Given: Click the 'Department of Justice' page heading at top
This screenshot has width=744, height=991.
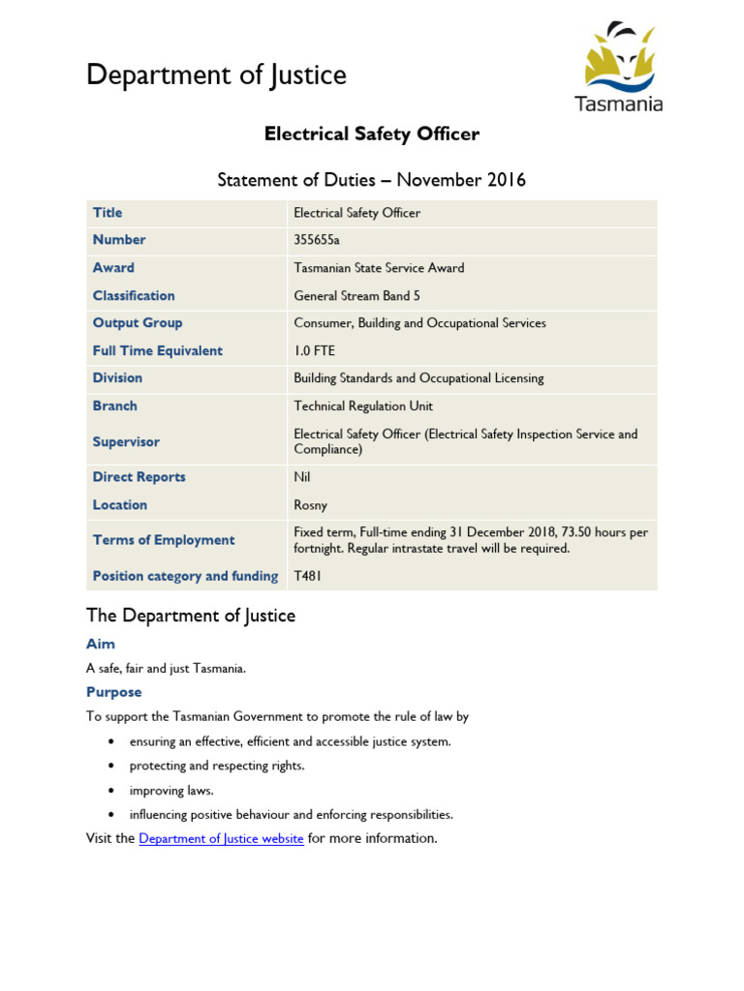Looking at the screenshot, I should click(216, 75).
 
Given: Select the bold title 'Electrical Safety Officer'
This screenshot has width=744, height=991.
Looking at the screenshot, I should click(372, 134).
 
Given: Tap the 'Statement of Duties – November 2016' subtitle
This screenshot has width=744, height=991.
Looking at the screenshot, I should click(372, 179).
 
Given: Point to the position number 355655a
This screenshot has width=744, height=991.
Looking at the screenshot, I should click(317, 240).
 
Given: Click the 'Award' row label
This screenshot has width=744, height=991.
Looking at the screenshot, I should click(113, 268).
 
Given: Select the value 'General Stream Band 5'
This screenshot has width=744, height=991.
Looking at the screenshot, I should click(356, 296).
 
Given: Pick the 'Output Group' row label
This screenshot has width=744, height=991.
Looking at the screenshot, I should click(138, 323).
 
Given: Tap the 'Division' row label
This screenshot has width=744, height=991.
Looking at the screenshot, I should click(117, 378).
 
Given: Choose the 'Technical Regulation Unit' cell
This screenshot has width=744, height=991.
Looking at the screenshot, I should click(363, 406).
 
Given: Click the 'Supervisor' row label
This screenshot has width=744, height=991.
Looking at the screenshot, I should click(126, 442).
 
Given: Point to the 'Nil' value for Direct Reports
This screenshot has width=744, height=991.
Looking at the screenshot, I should click(302, 477).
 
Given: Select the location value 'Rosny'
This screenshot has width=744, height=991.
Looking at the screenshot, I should click(311, 505).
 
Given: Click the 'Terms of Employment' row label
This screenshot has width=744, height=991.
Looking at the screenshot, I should click(164, 540).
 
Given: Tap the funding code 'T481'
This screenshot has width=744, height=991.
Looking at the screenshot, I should click(308, 576).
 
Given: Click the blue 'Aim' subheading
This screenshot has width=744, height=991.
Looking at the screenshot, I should click(101, 644).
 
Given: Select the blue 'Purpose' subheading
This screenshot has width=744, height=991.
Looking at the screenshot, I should click(113, 692).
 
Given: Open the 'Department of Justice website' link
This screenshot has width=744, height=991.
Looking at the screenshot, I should click(221, 838).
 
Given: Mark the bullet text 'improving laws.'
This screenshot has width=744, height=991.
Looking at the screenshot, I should click(170, 790).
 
